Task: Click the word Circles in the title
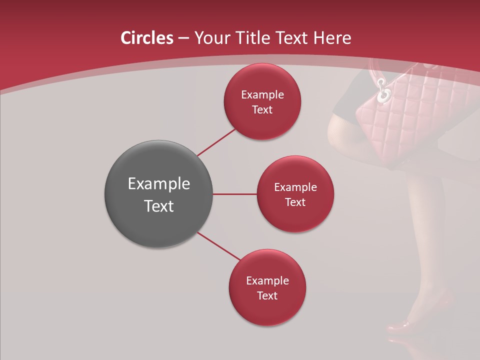click(146, 38)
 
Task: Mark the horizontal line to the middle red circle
click(234, 194)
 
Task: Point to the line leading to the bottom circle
click(219, 246)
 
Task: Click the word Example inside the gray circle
click(158, 184)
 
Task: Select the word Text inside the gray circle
click(158, 206)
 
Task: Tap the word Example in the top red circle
click(262, 95)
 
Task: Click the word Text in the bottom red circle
click(267, 296)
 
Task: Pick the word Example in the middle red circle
click(295, 187)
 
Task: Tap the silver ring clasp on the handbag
click(384, 92)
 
